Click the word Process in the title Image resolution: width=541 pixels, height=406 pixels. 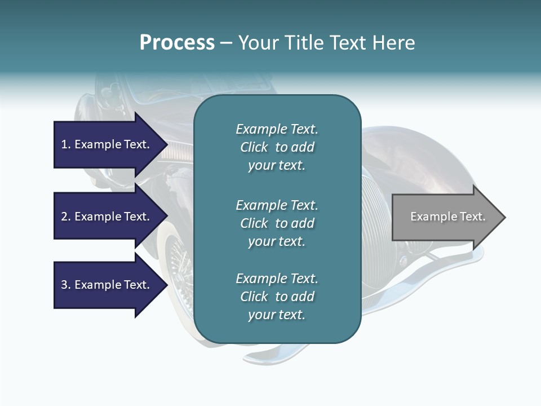pos(177,43)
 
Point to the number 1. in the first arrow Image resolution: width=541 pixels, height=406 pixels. pos(65,144)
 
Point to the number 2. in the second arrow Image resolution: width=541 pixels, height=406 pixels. pos(65,217)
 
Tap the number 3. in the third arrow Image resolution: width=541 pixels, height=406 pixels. pos(65,285)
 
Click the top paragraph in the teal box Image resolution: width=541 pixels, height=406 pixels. pos(277,147)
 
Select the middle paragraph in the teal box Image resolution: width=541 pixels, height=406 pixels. pos(277,223)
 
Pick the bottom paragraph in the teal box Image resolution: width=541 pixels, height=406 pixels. pos(277,297)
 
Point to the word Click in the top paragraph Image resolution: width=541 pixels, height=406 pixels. pos(254,147)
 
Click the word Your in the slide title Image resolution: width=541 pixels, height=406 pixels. pos(257,43)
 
